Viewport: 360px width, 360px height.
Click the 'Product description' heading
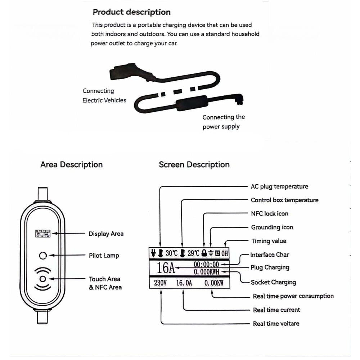pyautogui.click(x=131, y=12)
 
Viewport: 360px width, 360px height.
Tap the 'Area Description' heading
pyautogui.click(x=71, y=165)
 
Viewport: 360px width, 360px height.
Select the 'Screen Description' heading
pyautogui.click(x=194, y=165)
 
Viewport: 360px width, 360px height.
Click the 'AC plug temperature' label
pyautogui.click(x=279, y=186)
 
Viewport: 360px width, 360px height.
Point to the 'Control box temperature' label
pyautogui.click(x=284, y=200)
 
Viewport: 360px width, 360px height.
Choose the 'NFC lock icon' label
pyautogui.click(x=269, y=213)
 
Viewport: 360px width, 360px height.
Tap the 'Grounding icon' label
pyautogui.click(x=272, y=227)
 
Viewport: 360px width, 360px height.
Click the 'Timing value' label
pyautogui.click(x=269, y=241)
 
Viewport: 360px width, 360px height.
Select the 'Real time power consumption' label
pyautogui.click(x=293, y=296)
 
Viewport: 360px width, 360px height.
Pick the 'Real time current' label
pyautogui.click(x=276, y=310)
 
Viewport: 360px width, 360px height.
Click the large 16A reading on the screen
pyautogui.click(x=166, y=268)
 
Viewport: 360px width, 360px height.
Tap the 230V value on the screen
pyautogui.click(x=160, y=283)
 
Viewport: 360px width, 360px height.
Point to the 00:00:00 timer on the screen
pyautogui.click(x=206, y=265)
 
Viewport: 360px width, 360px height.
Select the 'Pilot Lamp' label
pyautogui.click(x=104, y=256)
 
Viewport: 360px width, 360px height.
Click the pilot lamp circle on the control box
pyautogui.click(x=43, y=256)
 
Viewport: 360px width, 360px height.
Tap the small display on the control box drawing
pyautogui.click(x=42, y=233)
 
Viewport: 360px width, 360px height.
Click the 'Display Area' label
pyautogui.click(x=106, y=234)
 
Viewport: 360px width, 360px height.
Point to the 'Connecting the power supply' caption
pyautogui.click(x=223, y=122)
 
